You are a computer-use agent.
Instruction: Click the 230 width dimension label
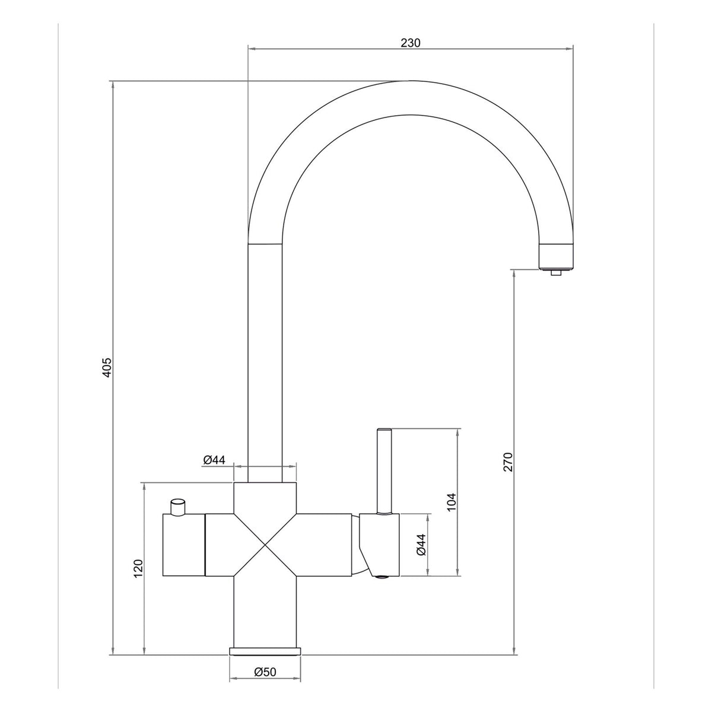411,43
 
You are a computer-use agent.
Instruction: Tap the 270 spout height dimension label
508,461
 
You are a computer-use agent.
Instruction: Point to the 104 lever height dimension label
452,503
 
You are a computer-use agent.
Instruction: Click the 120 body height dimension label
138,570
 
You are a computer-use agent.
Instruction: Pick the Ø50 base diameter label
265,688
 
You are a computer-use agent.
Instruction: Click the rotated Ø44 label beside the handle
421,545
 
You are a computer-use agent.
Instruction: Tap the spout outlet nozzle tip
556,273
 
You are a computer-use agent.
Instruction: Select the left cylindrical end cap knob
183,545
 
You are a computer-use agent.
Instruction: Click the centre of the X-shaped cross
265,545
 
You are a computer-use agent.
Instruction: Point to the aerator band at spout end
556,255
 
